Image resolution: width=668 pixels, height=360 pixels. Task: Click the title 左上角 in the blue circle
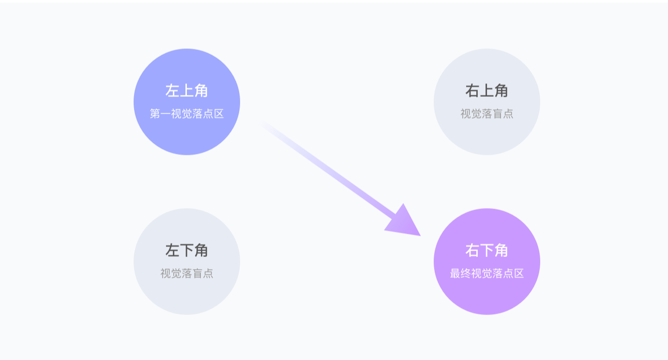coord(187,90)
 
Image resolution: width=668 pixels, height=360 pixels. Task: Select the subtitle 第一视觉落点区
coord(187,114)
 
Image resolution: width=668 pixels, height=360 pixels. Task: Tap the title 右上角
coord(486,90)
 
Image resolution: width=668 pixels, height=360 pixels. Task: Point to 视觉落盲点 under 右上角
coord(486,114)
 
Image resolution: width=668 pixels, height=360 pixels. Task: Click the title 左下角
coord(187,250)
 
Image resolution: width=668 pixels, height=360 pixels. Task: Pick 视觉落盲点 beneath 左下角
coord(187,274)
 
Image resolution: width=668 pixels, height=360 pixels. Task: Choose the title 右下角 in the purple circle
coord(486,250)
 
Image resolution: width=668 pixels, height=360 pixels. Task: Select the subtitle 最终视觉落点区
coord(486,274)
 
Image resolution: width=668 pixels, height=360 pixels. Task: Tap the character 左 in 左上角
coord(173,90)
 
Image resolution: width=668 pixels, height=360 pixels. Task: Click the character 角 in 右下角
coord(501,250)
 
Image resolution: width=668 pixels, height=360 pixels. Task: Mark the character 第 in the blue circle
coord(155,114)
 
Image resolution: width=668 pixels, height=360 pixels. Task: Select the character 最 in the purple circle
coord(455,274)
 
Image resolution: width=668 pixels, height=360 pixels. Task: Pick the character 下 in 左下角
coord(187,250)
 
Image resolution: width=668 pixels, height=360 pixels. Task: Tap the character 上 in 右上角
coord(486,90)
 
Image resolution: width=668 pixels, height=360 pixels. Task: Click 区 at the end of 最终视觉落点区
coord(519,274)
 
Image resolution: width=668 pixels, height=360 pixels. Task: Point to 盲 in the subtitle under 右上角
coord(497,114)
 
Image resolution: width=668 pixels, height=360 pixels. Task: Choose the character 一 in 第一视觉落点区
coord(166,114)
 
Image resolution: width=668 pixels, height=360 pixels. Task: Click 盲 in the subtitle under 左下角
coord(197,274)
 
